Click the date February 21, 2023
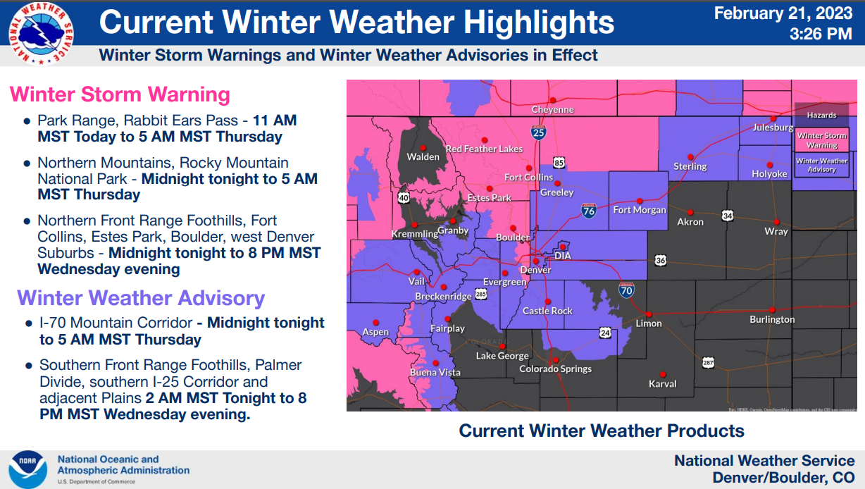[783, 13]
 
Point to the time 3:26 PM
[821, 33]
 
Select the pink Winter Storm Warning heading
[120, 94]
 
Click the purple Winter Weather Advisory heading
[141, 298]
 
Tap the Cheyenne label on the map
[553, 110]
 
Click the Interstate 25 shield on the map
[538, 132]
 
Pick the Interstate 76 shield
[590, 209]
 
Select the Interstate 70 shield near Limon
[626, 289]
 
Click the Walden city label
[423, 156]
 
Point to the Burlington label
[772, 319]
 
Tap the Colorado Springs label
[555, 369]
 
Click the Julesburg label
[773, 128]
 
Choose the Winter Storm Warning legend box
[821, 140]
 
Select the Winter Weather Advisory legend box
[821, 165]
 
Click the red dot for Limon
[649, 314]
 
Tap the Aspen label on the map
[375, 332]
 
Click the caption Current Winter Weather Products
[602, 431]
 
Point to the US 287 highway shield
[708, 362]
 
